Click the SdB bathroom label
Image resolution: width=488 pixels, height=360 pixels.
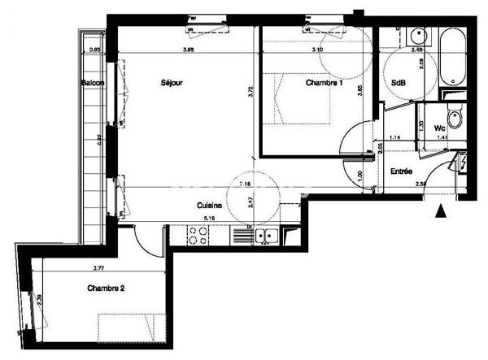click(x=399, y=83)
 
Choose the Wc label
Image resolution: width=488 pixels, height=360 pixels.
click(x=440, y=128)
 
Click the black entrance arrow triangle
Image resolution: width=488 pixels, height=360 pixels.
click(x=441, y=212)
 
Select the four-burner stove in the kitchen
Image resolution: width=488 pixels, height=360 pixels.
click(x=198, y=236)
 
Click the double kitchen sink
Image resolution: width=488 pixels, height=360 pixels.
click(x=265, y=236)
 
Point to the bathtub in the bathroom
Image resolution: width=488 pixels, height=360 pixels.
click(x=450, y=57)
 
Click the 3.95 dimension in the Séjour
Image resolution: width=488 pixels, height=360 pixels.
click(x=188, y=50)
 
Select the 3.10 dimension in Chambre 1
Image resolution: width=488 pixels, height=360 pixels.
click(x=319, y=50)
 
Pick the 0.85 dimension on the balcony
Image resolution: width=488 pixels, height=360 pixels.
click(x=94, y=50)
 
